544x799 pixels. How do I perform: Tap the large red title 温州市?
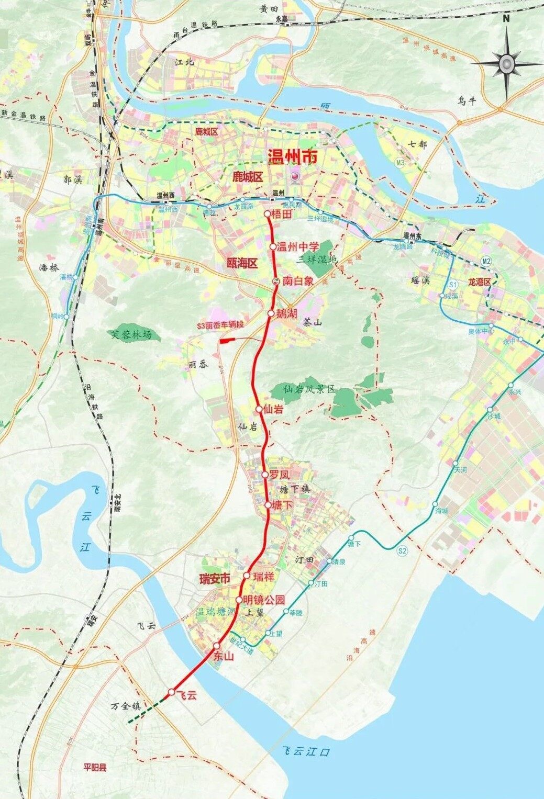(x=292, y=157)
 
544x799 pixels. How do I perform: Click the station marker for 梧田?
(x=267, y=214)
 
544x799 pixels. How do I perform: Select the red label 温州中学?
(x=297, y=246)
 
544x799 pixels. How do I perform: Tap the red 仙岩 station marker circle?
(x=259, y=409)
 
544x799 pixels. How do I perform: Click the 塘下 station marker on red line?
(x=268, y=505)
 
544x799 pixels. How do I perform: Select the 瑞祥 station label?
(x=263, y=577)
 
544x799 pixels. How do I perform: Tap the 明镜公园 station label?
(x=264, y=600)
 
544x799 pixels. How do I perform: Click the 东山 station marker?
(x=217, y=646)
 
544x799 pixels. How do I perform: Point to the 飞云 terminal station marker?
(x=171, y=692)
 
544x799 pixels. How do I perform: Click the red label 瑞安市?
(x=215, y=579)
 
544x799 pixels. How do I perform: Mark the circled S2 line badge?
(x=402, y=550)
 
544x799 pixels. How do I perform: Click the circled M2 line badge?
(x=486, y=261)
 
